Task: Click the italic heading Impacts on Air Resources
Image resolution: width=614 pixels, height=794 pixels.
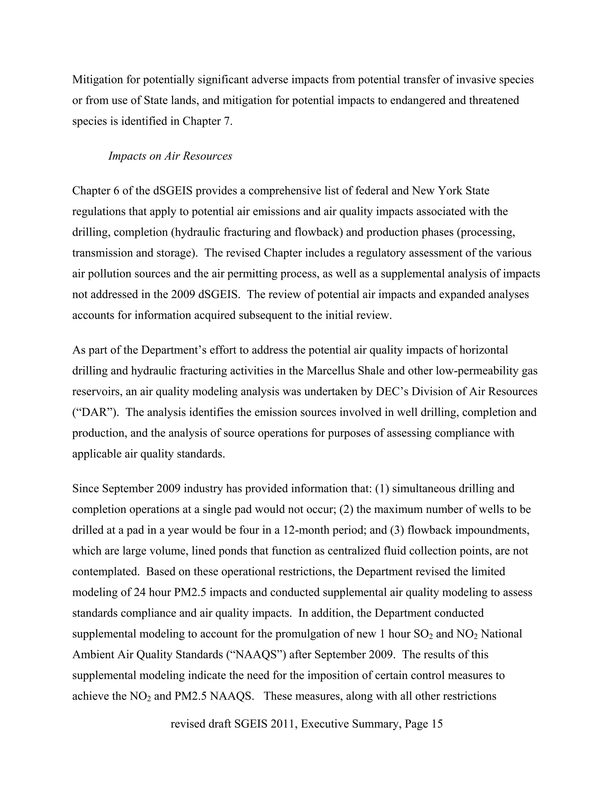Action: [170, 156]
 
